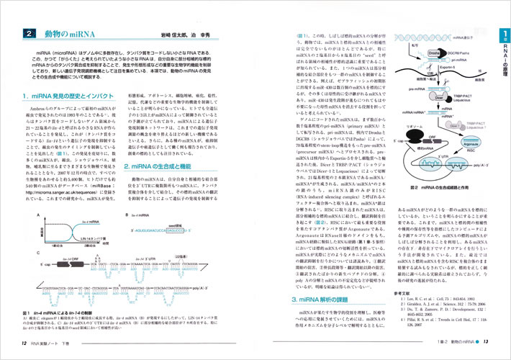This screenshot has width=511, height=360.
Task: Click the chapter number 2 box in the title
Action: (x=28, y=33)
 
